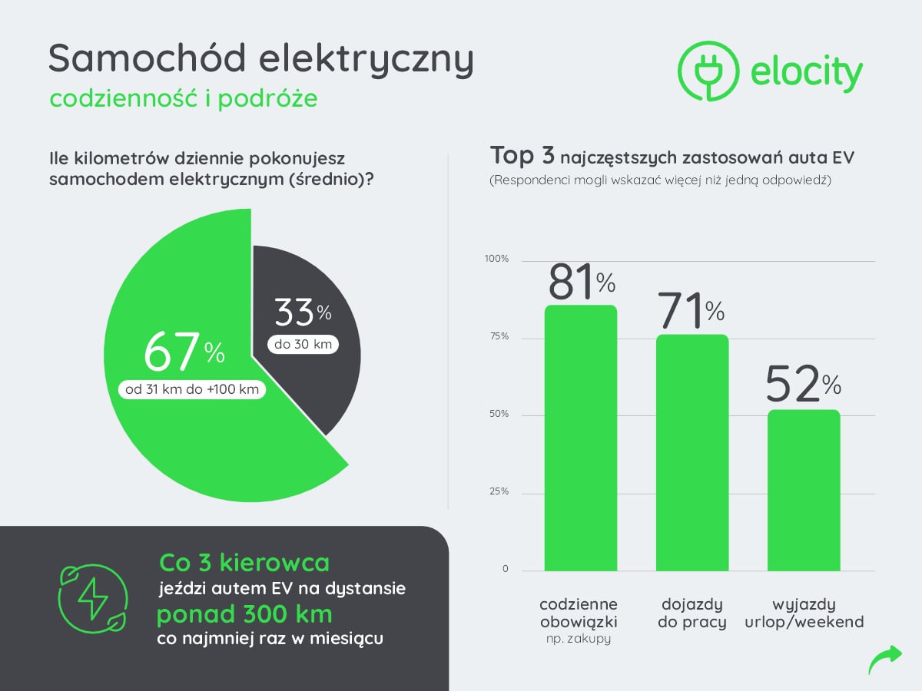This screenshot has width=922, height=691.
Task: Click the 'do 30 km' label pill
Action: tap(303, 345)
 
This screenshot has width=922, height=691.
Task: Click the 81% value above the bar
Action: tap(582, 282)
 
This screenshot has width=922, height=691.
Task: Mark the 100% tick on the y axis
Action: tap(496, 259)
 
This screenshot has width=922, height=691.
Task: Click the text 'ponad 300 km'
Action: tap(244, 615)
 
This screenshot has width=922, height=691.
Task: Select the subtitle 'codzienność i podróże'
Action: tap(183, 99)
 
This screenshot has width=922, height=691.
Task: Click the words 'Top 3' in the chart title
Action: tap(522, 156)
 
